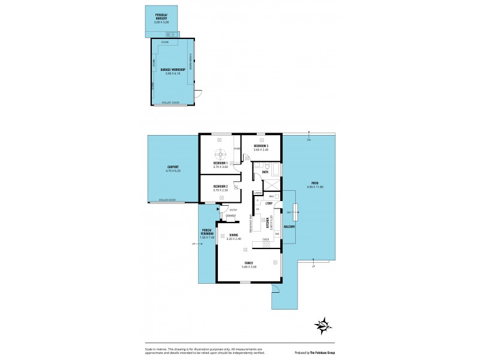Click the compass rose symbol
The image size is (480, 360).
(324, 326)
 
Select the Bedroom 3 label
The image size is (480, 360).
(260, 146)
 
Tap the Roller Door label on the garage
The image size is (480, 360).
(171, 103)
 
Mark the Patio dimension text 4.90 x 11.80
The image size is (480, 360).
(315, 187)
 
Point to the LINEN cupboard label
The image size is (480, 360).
(258, 192)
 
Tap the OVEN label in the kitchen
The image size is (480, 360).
(265, 239)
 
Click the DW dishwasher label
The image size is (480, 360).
(277, 233)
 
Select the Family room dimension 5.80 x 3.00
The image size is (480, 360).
(249, 266)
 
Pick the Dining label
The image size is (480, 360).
(234, 235)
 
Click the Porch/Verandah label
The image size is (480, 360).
(207, 235)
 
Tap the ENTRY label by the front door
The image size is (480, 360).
(233, 210)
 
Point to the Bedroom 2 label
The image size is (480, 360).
(221, 186)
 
